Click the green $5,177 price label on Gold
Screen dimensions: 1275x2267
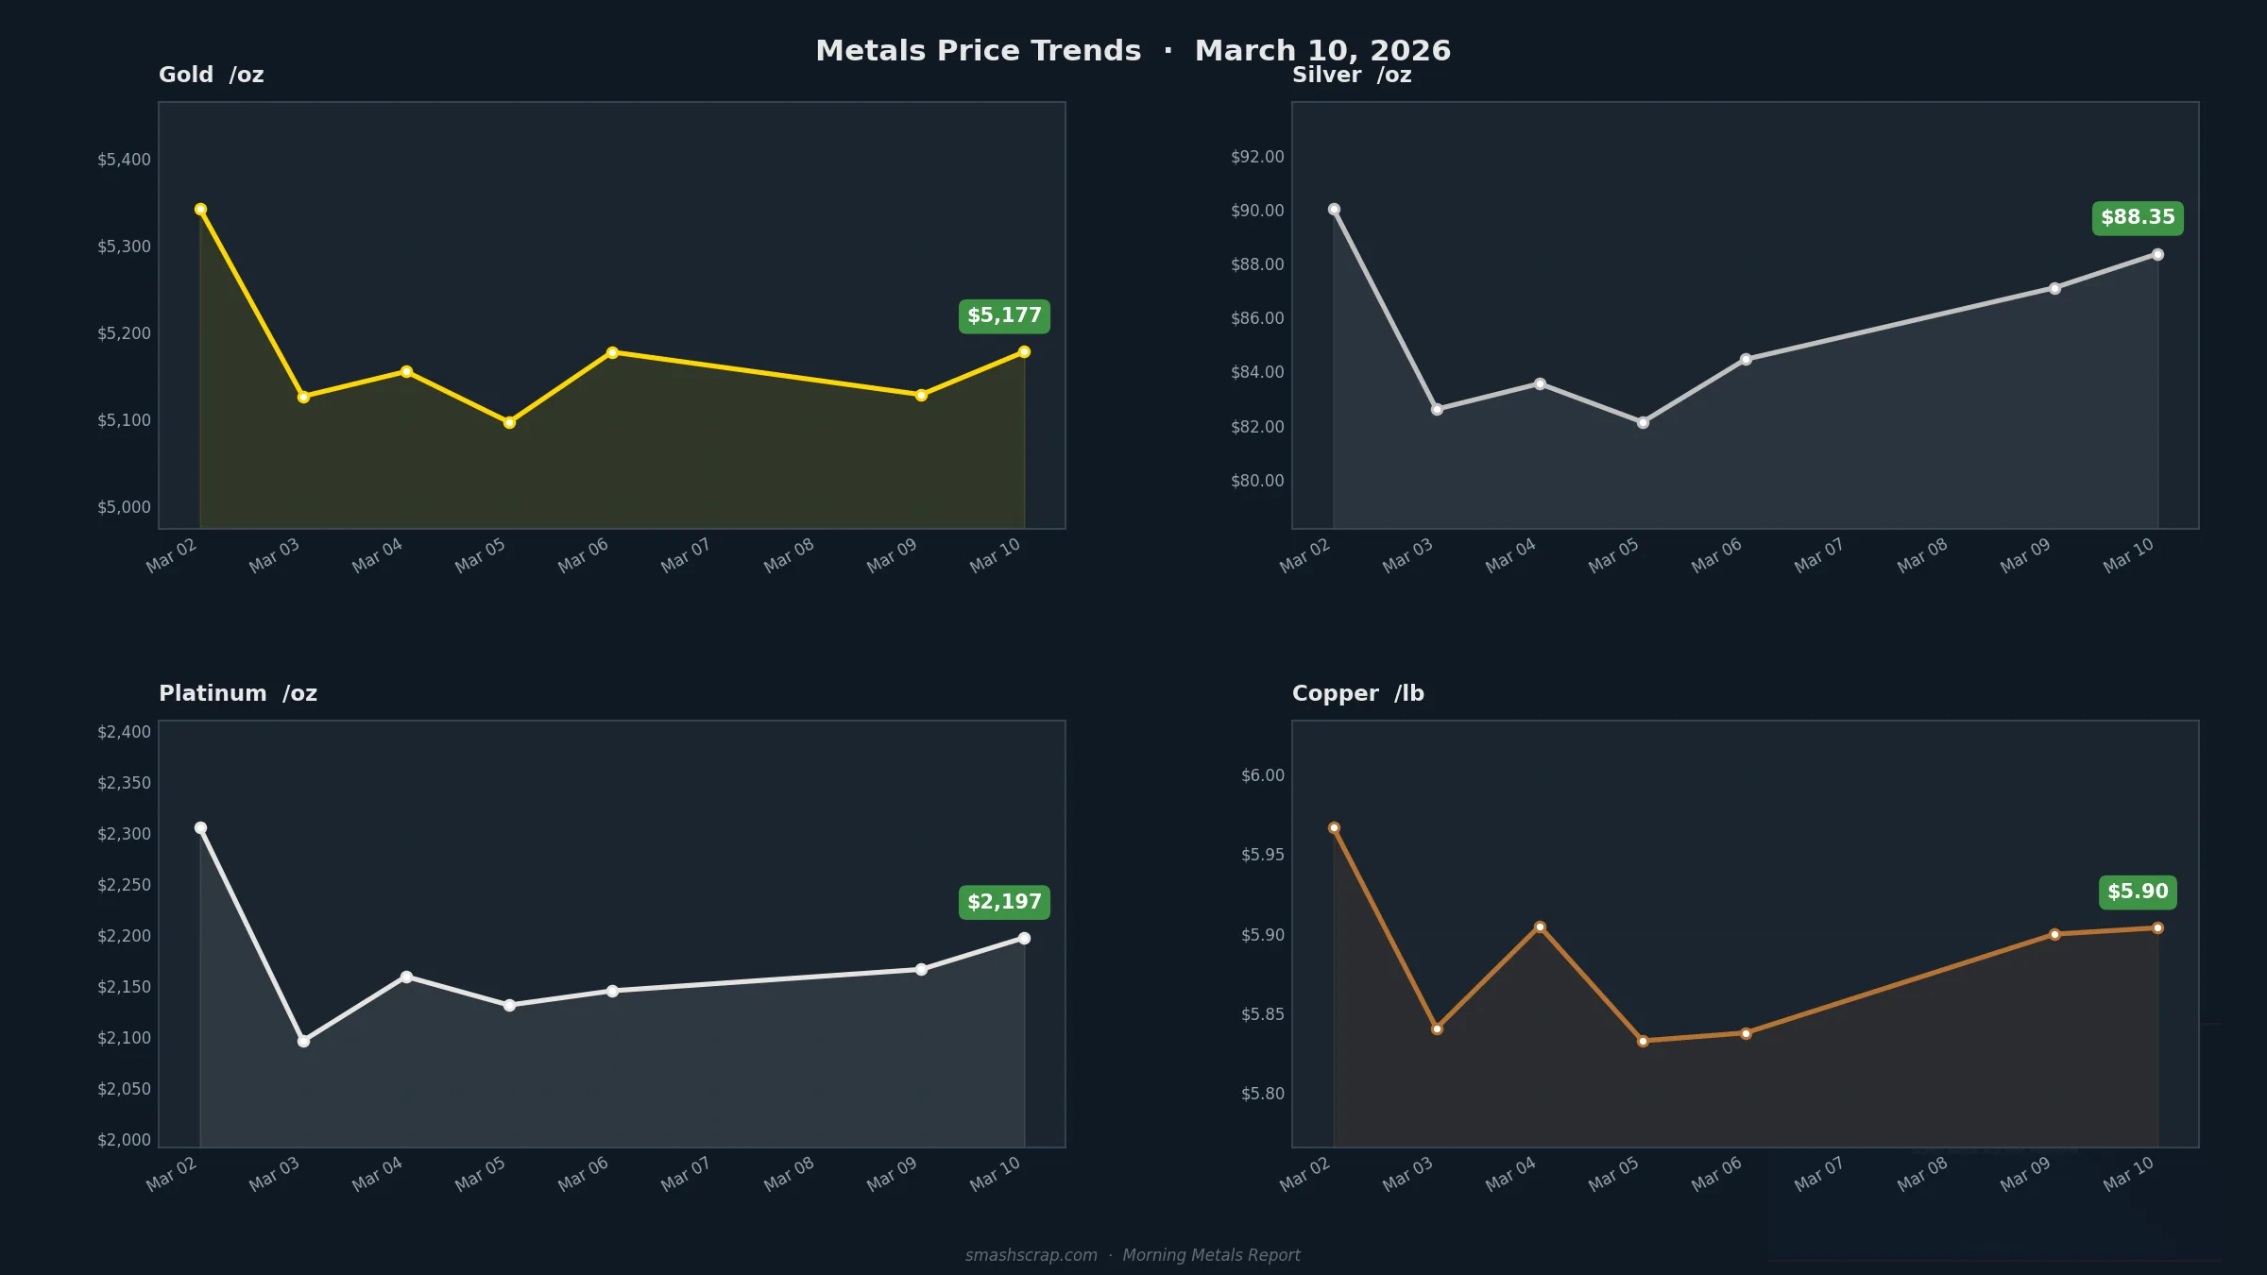1004,316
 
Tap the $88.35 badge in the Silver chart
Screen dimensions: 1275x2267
2138,218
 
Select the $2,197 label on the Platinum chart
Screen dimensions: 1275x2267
1004,902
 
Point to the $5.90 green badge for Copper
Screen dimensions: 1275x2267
2138,892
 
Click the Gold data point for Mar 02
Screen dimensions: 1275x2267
200,210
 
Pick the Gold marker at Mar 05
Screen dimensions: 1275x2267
509,423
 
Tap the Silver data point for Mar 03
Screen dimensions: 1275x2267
1437,410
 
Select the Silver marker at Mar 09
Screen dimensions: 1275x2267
2054,289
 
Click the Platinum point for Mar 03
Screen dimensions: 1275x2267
303,1041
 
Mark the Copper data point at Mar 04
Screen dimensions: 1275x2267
1540,927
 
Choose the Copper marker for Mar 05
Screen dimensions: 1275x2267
1643,1041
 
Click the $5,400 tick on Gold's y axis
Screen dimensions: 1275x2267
124,160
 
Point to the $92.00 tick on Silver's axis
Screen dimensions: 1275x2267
1257,157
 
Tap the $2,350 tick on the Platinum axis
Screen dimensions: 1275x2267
124,783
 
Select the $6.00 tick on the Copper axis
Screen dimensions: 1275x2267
1263,775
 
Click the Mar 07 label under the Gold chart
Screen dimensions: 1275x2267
685,555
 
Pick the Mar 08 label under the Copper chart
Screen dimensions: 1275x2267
1921,1174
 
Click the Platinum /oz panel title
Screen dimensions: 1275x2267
238,693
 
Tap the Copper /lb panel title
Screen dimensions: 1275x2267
1357,693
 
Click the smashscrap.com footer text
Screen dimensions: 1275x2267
1031,1255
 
